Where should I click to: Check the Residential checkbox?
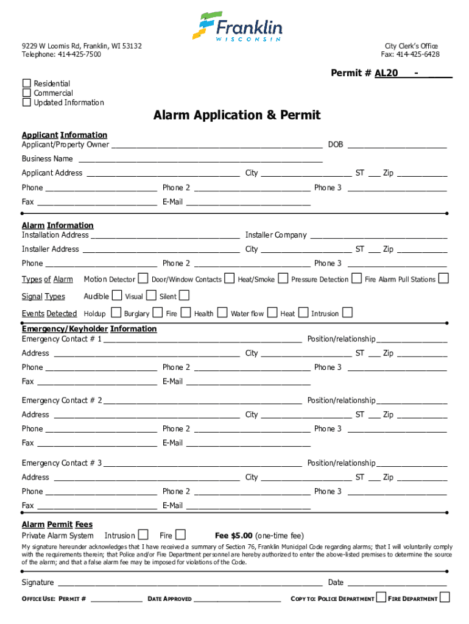[x=26, y=83]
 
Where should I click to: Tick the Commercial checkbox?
[x=26, y=93]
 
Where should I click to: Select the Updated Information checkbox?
[x=26, y=102]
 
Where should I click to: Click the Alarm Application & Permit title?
[x=236, y=115]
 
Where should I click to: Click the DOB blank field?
[x=397, y=145]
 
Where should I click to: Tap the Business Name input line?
[x=200, y=159]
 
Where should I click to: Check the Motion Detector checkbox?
[x=143, y=278]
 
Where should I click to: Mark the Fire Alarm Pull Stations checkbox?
[x=443, y=278]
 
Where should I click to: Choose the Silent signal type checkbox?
[x=184, y=296]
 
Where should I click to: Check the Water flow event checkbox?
[x=272, y=313]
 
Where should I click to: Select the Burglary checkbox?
[x=157, y=313]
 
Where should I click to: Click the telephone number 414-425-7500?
[x=79, y=55]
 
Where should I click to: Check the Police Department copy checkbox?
[x=381, y=597]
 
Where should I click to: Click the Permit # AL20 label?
[x=364, y=73]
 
